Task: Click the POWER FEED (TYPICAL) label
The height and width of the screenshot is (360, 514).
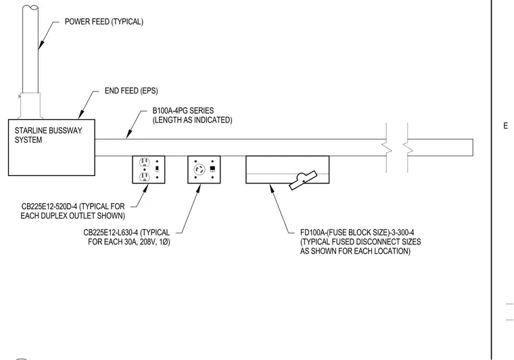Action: click(104, 22)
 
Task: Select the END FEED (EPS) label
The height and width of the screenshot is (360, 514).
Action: click(131, 91)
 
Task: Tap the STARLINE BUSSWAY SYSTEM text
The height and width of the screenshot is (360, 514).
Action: click(48, 135)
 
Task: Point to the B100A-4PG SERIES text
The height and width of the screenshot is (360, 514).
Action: click(183, 110)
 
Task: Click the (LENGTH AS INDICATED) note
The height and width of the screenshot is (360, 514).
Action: click(193, 120)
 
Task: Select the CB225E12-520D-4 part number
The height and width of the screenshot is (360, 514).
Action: click(49, 206)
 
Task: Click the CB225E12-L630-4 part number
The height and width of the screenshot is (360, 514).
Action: click(110, 233)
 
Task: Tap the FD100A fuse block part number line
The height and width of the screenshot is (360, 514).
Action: click(357, 233)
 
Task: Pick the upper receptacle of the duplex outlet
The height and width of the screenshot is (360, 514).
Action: click(145, 162)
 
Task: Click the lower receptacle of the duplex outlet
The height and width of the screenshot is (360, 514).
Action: click(145, 177)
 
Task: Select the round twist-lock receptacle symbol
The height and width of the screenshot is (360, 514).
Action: click(200, 170)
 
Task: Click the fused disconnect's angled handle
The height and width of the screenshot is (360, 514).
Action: click(303, 180)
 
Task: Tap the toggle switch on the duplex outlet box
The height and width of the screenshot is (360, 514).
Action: click(157, 169)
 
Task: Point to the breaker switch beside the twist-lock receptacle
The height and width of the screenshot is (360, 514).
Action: click(212, 169)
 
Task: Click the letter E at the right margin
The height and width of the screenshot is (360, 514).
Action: click(505, 126)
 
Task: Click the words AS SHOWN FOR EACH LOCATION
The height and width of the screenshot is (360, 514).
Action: click(355, 251)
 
